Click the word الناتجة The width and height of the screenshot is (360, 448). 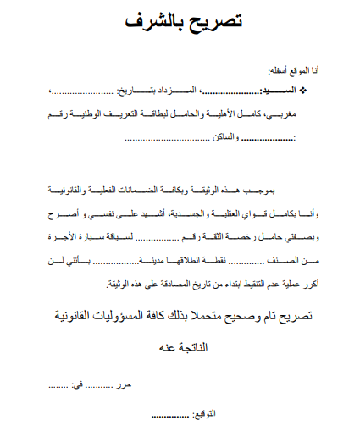pyautogui.click(x=196, y=347)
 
